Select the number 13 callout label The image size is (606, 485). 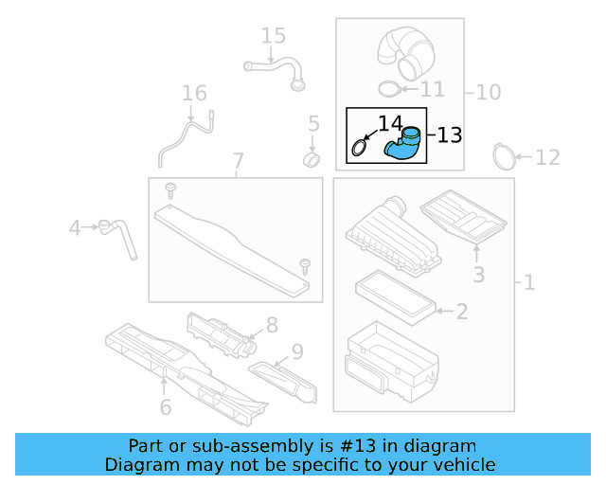[x=450, y=135]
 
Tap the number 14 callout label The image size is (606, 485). [x=390, y=123]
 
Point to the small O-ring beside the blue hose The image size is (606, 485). [x=360, y=149]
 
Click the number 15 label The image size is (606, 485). [x=273, y=37]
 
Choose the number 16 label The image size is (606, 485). [x=194, y=94]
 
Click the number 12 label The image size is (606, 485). [x=548, y=157]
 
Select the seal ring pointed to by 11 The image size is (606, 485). [x=387, y=89]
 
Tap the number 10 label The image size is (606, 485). [x=489, y=93]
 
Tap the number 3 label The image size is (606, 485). [x=479, y=275]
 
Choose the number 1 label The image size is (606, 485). [x=528, y=282]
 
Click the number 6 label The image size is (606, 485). [x=165, y=407]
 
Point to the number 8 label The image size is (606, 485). [x=272, y=326]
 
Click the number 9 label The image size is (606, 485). [x=297, y=352]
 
